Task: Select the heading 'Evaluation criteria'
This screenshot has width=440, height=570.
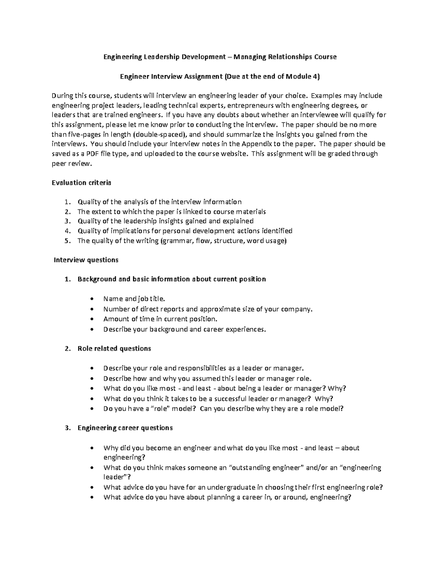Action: [x=81, y=182]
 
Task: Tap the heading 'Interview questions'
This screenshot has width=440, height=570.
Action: [x=86, y=260]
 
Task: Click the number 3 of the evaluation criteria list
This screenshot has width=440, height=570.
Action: [x=66, y=221]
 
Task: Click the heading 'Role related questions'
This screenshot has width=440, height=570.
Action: [x=114, y=348]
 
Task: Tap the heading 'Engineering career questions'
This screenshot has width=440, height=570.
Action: [x=125, y=428]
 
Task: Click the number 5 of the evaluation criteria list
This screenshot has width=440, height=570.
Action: [x=66, y=241]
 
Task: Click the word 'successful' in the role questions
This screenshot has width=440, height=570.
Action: [x=229, y=399]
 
